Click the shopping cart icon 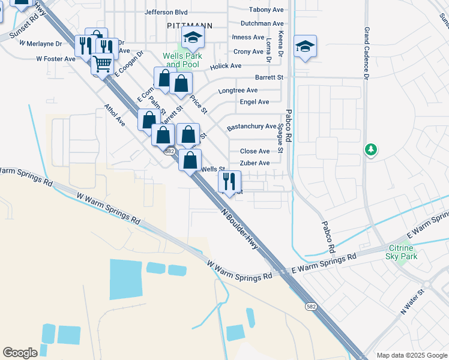pyautogui.click(x=103, y=62)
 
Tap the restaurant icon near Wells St pyautogui.click(x=229, y=181)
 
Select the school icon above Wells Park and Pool pyautogui.click(x=193, y=38)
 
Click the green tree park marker pyautogui.click(x=371, y=149)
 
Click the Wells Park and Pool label pyautogui.click(x=182, y=60)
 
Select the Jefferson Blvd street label pyautogui.click(x=166, y=12)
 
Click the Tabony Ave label pyautogui.click(x=267, y=10)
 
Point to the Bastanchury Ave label pyautogui.click(x=251, y=127)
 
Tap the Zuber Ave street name pyautogui.click(x=255, y=163)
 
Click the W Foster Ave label pyautogui.click(x=56, y=59)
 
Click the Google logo pyautogui.click(x=20, y=353)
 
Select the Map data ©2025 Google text pyautogui.click(x=412, y=355)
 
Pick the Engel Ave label pyautogui.click(x=255, y=102)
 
